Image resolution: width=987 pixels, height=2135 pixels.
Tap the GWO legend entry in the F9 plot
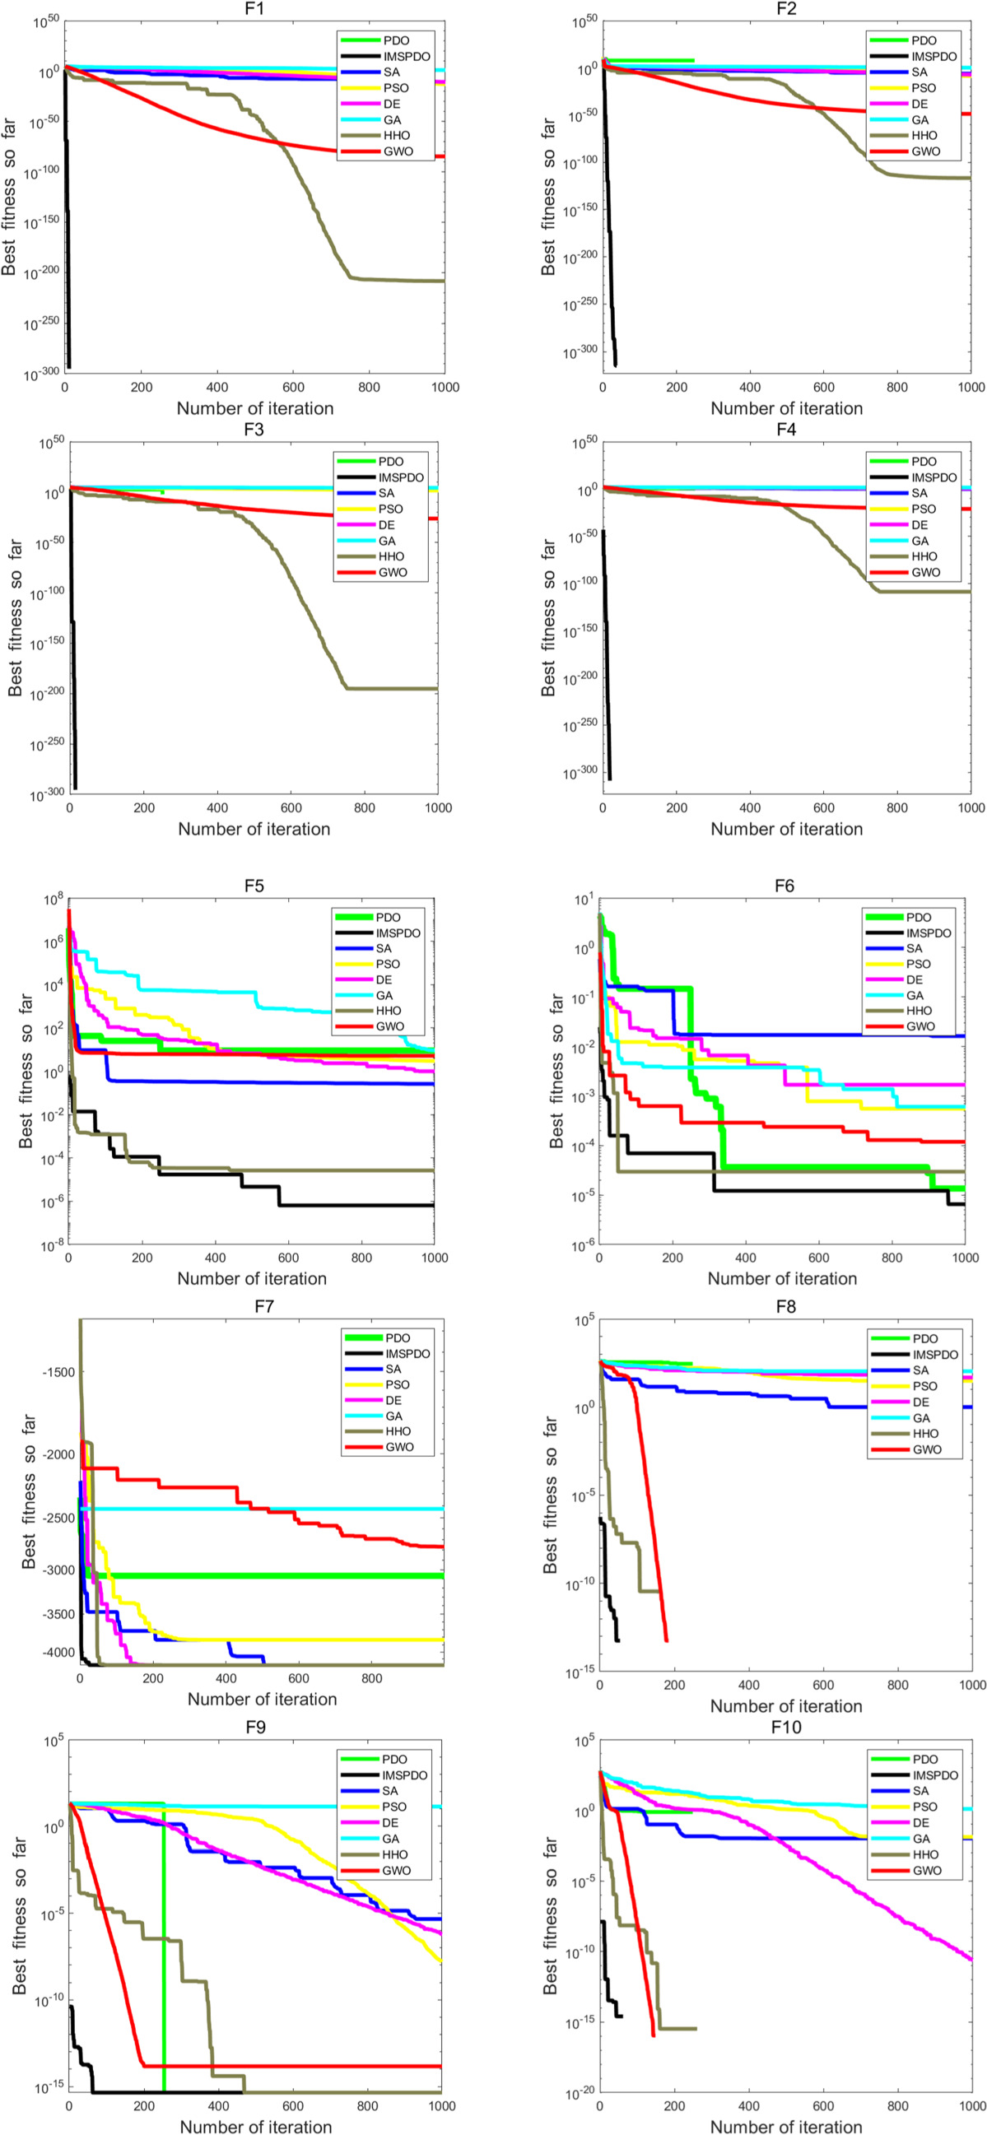click(x=396, y=1871)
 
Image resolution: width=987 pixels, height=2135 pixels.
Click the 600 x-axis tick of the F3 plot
click(x=291, y=808)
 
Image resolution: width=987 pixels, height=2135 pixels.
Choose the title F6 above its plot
click(x=784, y=886)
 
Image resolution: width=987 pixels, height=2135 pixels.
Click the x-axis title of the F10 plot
click(x=785, y=2127)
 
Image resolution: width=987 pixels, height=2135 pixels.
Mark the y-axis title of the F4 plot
click(x=547, y=617)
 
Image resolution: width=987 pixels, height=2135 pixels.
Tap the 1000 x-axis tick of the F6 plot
click(x=965, y=1258)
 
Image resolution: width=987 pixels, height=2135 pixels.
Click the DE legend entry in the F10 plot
click(x=919, y=1822)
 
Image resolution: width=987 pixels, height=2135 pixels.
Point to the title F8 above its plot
click(x=785, y=1307)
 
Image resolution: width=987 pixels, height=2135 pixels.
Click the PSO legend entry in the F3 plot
click(x=389, y=509)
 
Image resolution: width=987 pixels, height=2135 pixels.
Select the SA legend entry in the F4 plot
click(x=919, y=493)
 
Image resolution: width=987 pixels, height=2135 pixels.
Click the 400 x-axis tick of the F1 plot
click(x=217, y=387)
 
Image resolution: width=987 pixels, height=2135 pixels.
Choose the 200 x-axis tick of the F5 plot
click(x=142, y=1258)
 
